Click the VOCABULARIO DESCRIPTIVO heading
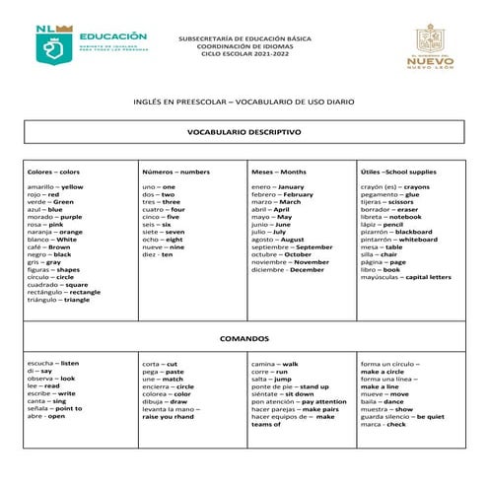(x=244, y=131)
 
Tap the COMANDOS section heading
(x=244, y=337)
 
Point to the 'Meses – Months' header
(x=279, y=173)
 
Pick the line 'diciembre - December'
(x=287, y=269)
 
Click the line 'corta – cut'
(x=160, y=364)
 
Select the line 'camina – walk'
(x=275, y=364)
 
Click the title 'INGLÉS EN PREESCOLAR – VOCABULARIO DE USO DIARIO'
(x=244, y=101)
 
